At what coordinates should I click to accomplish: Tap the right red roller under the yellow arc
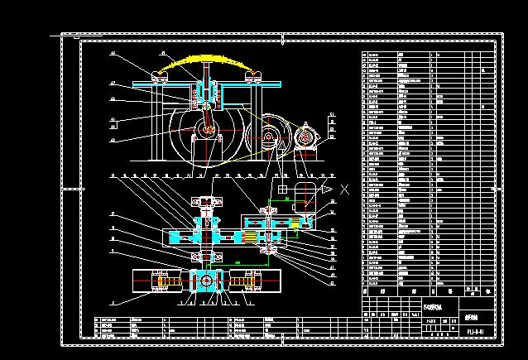click(253, 78)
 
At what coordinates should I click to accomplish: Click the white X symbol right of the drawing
click(344, 189)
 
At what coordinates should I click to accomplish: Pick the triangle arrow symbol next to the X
click(329, 190)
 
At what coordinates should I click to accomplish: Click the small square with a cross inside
click(281, 189)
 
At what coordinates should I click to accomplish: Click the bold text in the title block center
click(432, 307)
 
